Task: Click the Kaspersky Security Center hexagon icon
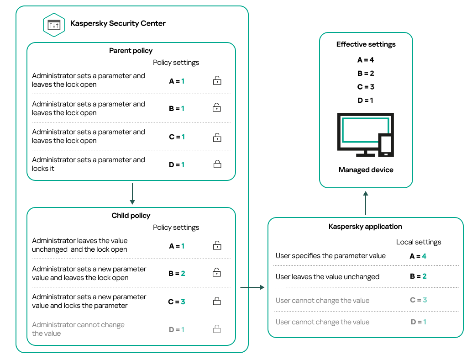pyautogui.click(x=54, y=25)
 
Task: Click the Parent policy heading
pyautogui.click(x=131, y=51)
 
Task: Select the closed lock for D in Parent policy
pyautogui.click(x=217, y=164)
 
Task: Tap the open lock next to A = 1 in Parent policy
pyautogui.click(x=217, y=81)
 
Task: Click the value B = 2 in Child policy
pyautogui.click(x=177, y=274)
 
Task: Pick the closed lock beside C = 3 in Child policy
pyautogui.click(x=217, y=302)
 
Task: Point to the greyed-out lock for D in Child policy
pyautogui.click(x=217, y=329)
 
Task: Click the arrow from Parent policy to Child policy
pyautogui.click(x=131, y=194)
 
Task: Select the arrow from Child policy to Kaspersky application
pyautogui.click(x=252, y=287)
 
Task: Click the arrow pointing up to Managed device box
pyautogui.click(x=366, y=203)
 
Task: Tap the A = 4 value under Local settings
pyautogui.click(x=418, y=256)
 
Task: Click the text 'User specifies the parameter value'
pyautogui.click(x=330, y=256)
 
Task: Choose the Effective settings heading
pyautogui.click(x=366, y=44)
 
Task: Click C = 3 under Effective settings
pyautogui.click(x=366, y=87)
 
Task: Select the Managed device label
pyautogui.click(x=366, y=170)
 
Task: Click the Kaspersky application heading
pyautogui.click(x=365, y=227)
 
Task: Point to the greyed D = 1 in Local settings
pyautogui.click(x=418, y=322)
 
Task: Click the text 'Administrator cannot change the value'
pyautogui.click(x=78, y=329)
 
